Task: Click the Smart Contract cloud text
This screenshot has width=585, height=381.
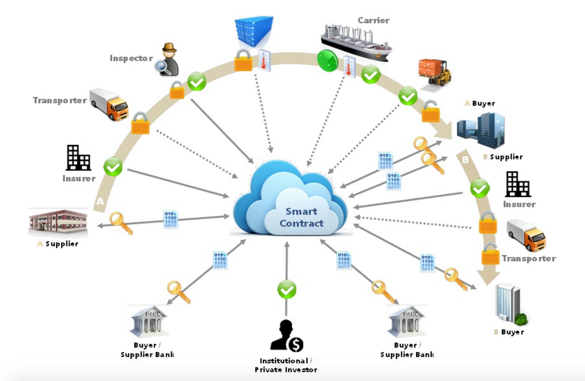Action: pos(301,217)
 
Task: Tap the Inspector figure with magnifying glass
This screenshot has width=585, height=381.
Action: pos(168,60)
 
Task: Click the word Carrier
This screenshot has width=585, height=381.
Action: pos(373,20)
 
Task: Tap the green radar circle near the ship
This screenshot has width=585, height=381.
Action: pos(327,60)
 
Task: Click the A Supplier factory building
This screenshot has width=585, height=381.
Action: pos(58,222)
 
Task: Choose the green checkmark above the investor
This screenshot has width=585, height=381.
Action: pos(287,290)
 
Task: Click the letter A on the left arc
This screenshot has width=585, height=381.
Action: pos(100,201)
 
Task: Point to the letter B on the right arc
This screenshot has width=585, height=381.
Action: pos(465,160)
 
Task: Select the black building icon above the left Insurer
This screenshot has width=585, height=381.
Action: pos(78,158)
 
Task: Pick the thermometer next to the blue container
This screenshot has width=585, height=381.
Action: pos(264,60)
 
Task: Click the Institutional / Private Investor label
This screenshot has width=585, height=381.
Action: pos(286,365)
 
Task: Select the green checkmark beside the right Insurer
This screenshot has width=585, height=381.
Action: pos(479,188)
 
